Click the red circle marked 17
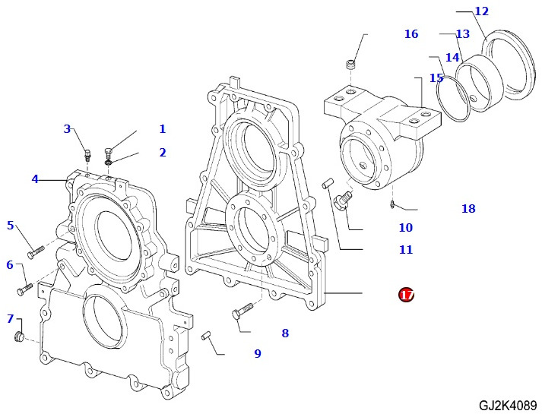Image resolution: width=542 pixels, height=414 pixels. click(x=407, y=294)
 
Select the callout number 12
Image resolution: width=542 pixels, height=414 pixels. click(x=481, y=11)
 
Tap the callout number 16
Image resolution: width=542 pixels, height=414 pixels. click(x=411, y=34)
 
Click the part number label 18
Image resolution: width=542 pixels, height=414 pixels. click(x=468, y=209)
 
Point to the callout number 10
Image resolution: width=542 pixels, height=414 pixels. click(x=405, y=228)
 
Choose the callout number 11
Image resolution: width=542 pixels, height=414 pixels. click(x=406, y=250)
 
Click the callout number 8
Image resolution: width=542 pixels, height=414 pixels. click(x=285, y=333)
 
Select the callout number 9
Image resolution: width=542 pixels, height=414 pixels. click(x=258, y=353)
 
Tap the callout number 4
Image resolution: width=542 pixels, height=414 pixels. click(x=35, y=179)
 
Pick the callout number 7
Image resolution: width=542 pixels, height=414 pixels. click(x=11, y=318)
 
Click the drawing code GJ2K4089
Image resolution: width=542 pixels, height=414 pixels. click(x=508, y=405)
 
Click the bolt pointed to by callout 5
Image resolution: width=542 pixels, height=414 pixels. click(x=36, y=251)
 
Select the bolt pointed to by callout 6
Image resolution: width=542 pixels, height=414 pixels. click(x=24, y=289)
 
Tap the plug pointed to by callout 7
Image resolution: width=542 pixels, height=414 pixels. click(x=21, y=337)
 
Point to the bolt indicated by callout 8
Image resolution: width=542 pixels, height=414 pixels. click(x=241, y=311)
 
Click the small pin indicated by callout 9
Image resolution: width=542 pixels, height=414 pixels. click(x=206, y=335)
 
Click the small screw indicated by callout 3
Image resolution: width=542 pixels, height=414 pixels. click(x=88, y=155)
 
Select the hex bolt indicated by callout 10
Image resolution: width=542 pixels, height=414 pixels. click(x=341, y=201)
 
